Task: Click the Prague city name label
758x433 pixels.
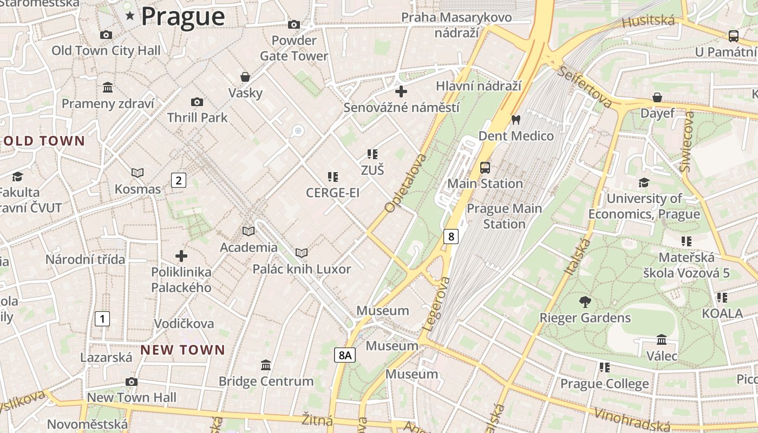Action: coord(182,16)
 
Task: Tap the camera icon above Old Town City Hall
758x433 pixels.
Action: coord(106,35)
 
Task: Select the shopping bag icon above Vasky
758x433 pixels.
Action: coord(245,77)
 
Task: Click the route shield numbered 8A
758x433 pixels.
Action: coord(344,355)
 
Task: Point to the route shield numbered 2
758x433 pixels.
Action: coord(179,180)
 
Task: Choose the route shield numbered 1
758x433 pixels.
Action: coord(102,319)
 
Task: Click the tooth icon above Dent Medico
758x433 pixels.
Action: coord(515,120)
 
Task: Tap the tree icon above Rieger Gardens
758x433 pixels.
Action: coord(585,301)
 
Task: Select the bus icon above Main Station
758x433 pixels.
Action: coord(485,168)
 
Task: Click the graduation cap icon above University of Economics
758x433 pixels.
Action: coord(644,183)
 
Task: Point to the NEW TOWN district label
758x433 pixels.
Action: coord(182,350)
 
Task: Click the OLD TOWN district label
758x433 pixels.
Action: coord(44,141)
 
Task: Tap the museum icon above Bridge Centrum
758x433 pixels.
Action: coord(266,365)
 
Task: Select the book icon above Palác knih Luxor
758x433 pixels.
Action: coord(302,253)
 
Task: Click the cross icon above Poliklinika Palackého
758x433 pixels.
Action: coord(181,255)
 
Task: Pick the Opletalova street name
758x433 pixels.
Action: coord(405,183)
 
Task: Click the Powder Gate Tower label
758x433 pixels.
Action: coord(294,48)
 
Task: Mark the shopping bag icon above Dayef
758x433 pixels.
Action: coord(657,97)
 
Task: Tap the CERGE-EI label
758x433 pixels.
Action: coord(332,193)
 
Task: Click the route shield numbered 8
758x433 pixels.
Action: coord(450,236)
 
